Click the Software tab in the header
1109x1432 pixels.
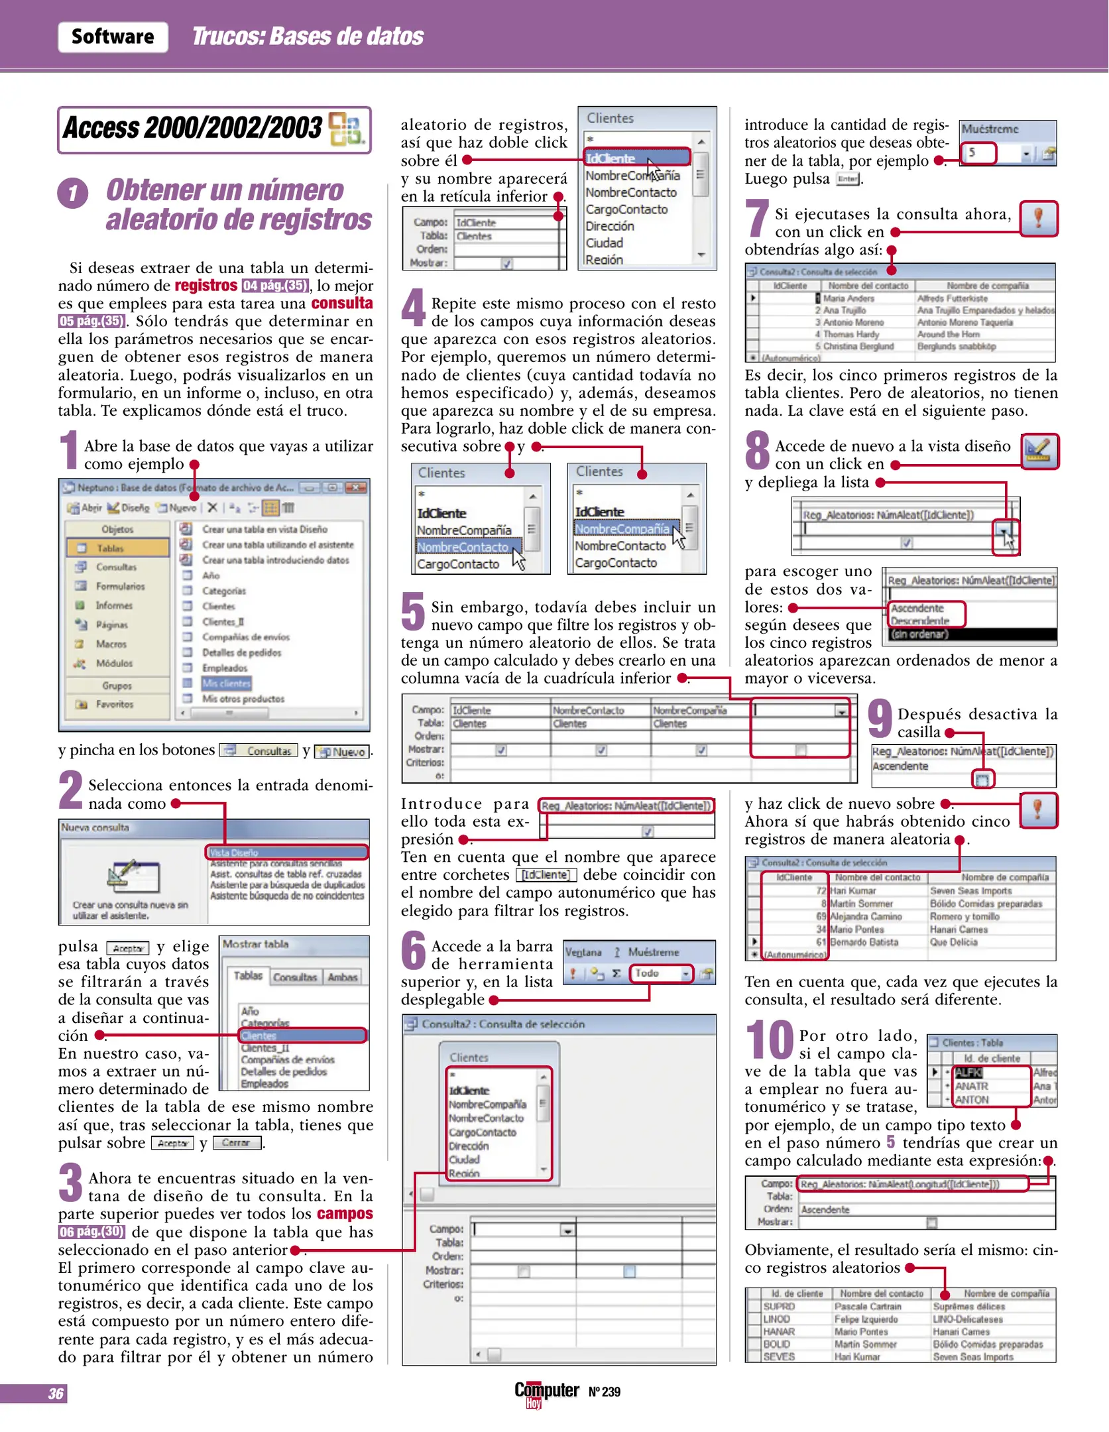pyautogui.click(x=113, y=36)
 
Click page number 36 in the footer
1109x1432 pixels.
pyautogui.click(x=56, y=1393)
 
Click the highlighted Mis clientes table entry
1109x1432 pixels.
pyautogui.click(x=226, y=683)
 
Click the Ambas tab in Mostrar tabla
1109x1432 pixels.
pyautogui.click(x=342, y=977)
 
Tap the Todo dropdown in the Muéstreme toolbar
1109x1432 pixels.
pyautogui.click(x=660, y=973)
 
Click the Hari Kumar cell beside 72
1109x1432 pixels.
pyautogui.click(x=853, y=891)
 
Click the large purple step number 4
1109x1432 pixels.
pyautogui.click(x=413, y=307)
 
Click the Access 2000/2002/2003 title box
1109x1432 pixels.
pyautogui.click(x=213, y=129)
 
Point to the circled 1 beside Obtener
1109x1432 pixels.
pyautogui.click(x=73, y=194)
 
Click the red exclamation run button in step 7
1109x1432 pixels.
pyautogui.click(x=1038, y=218)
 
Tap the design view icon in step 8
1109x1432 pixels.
pyautogui.click(x=1039, y=451)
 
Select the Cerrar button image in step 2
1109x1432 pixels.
pyautogui.click(x=236, y=1143)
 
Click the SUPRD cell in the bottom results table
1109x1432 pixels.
pyautogui.click(x=780, y=1307)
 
